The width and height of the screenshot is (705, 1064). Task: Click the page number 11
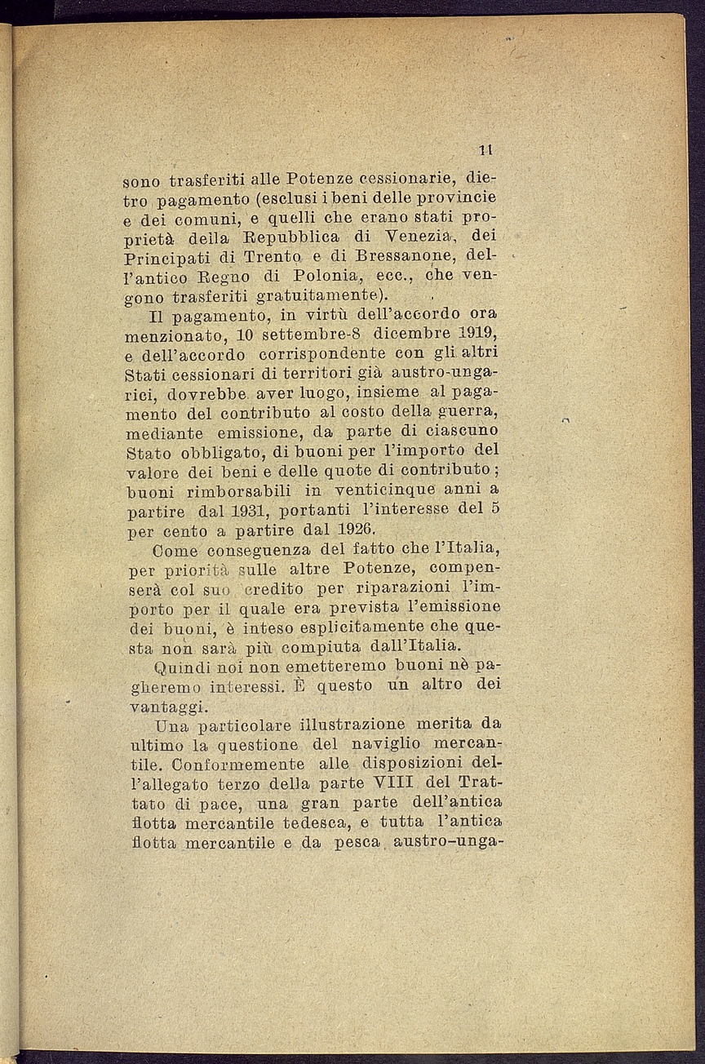coord(486,150)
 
